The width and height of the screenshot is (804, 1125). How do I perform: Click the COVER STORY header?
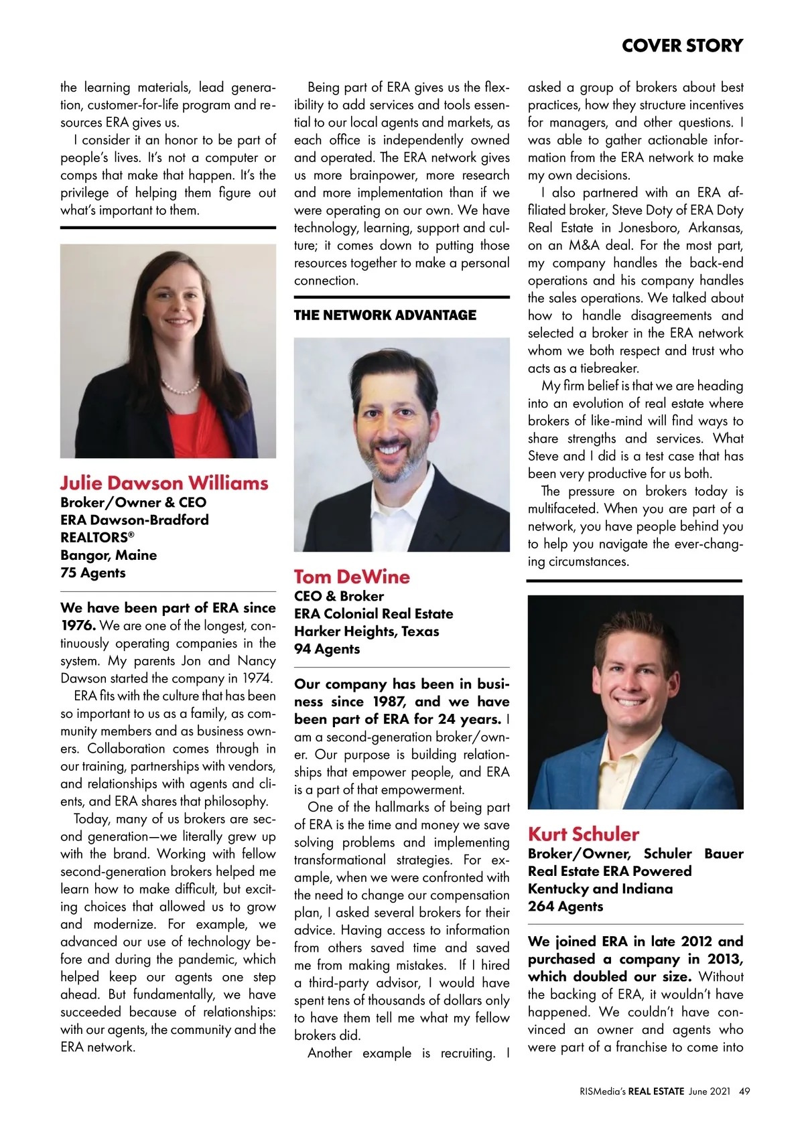pos(682,46)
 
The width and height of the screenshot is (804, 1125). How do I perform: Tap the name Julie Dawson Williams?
pos(164,483)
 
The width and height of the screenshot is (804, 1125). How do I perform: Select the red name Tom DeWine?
pos(352,577)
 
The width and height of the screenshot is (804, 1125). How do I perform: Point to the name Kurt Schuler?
pos(584,834)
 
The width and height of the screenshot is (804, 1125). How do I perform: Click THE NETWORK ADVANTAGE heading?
pos(385,315)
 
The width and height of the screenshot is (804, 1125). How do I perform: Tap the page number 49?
pos(744,1091)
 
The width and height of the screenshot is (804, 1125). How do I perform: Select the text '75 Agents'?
pos(93,573)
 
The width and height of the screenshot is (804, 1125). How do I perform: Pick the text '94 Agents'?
pos(327,649)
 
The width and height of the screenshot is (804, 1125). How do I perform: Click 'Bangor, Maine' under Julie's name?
pos(109,555)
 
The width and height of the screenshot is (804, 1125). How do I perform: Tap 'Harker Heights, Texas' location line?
pos(366,631)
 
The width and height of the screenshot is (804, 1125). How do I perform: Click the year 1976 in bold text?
pos(78,625)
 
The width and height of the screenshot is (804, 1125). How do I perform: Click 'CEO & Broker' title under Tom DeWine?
pos(339,596)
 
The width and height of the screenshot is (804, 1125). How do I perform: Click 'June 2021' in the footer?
pos(709,1091)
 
